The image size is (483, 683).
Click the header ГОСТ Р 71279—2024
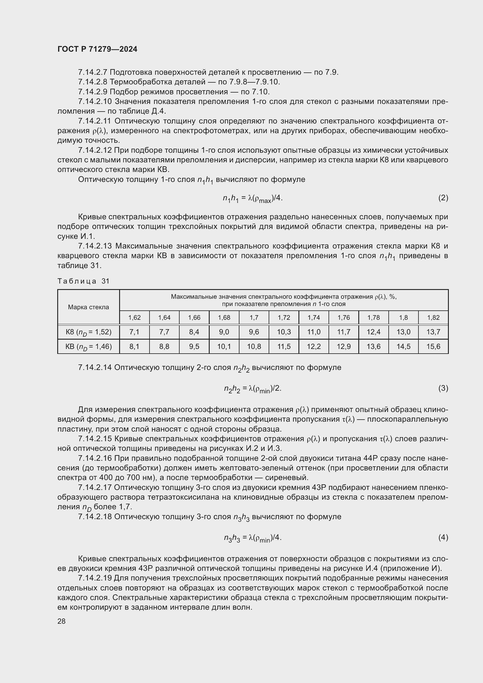click(x=97, y=49)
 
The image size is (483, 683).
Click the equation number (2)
click(x=443, y=198)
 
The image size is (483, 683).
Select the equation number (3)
click(x=443, y=388)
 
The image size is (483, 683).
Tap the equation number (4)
click(x=443, y=537)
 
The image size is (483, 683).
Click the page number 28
click(x=62, y=621)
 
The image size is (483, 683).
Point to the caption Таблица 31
click(x=84, y=281)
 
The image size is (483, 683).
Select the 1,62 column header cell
click(x=134, y=318)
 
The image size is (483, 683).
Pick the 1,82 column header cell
click(x=433, y=318)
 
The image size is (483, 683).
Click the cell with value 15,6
click(x=433, y=347)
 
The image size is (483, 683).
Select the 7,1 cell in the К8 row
click(x=134, y=332)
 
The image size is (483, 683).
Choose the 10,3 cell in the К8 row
click(x=284, y=332)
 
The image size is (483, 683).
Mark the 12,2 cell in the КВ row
click(x=314, y=347)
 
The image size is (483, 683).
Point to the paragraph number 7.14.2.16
click(x=95, y=458)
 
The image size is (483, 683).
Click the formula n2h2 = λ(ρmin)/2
click(x=253, y=388)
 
